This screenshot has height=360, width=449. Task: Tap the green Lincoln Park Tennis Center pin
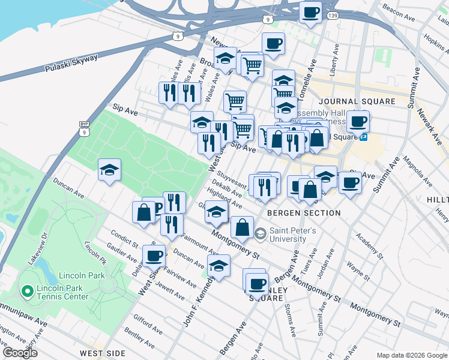26,292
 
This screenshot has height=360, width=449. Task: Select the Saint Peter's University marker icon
261,232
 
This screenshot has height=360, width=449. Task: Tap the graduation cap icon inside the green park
109,170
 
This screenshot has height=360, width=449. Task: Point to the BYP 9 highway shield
84,128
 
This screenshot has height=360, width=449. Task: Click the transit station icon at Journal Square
364,137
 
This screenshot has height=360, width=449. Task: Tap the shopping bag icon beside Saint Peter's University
241,227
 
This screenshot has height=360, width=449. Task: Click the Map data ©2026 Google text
412,355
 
